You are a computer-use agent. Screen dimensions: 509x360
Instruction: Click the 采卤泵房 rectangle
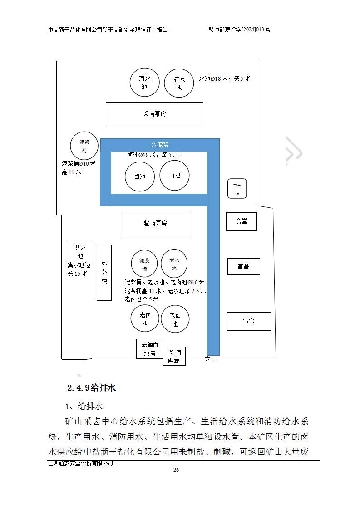pos(154,114)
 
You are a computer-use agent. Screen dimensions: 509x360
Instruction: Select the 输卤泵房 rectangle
pos(156,223)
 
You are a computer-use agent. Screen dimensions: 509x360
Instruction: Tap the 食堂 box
pos(241,221)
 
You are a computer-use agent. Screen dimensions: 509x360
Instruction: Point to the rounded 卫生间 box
pos(237,189)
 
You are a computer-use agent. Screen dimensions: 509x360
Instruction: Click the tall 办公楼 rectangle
pos(104,272)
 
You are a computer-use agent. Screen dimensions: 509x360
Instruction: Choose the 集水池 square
pos(81,251)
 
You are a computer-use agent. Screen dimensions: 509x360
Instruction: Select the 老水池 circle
pos(174,264)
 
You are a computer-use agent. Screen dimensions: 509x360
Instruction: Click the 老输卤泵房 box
pos(150,349)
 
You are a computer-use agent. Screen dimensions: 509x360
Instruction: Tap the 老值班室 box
pos(174,356)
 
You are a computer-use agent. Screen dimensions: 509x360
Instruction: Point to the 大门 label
pos(211,358)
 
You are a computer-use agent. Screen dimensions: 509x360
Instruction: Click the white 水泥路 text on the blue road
pos(160,145)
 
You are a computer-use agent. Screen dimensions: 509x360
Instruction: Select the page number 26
pos(176,470)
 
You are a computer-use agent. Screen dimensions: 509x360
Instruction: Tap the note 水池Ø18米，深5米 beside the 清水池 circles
pos(225,78)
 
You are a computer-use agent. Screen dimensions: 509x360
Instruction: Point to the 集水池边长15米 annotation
pos(79,269)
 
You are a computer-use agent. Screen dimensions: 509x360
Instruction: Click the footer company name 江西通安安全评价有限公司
pos(80,463)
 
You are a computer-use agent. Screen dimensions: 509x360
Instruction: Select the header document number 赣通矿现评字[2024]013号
pos(239,29)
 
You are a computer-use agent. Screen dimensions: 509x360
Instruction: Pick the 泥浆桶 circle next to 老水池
pos(144,264)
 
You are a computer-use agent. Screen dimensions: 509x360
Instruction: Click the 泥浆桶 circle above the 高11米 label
pos(84,146)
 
